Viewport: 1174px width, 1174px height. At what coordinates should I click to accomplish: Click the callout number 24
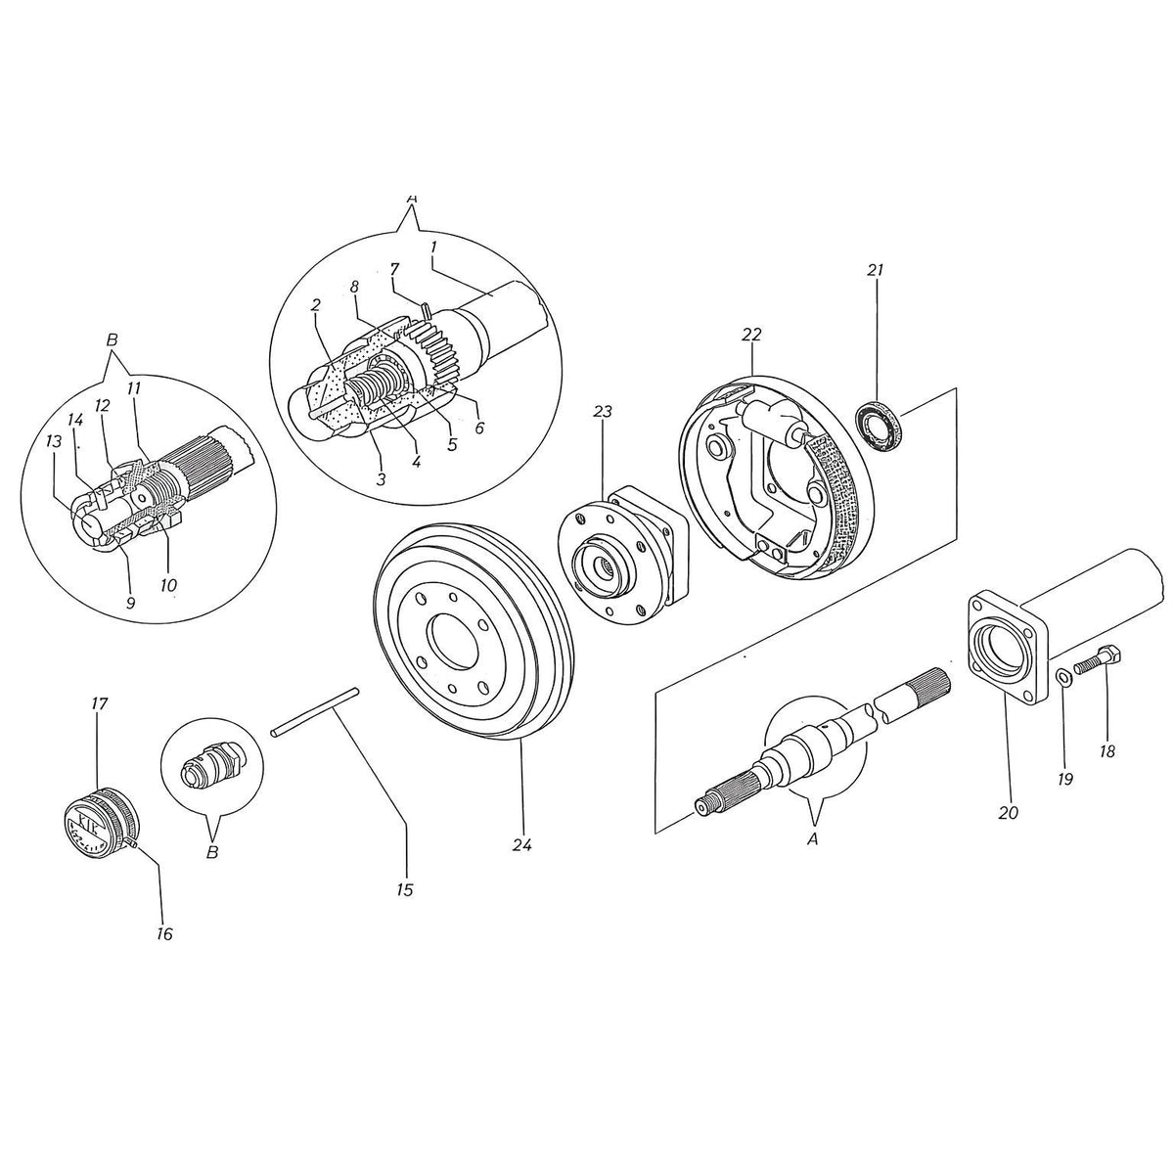coord(522,845)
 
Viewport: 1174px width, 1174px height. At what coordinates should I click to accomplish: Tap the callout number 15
coord(404,890)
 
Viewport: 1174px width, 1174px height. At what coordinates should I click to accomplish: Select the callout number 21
coord(875,270)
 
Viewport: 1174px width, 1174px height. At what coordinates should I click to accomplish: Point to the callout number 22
coord(751,335)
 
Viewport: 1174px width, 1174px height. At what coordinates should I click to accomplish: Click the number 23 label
coord(602,413)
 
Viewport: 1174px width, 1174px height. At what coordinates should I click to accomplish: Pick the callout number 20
coord(1009,812)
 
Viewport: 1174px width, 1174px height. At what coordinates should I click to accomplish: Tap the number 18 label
coord(1106,751)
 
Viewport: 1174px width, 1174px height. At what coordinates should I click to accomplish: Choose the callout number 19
coord(1065,779)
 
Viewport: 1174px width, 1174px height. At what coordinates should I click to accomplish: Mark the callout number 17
coord(99,704)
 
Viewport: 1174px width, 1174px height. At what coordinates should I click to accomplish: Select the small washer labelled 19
coord(1064,676)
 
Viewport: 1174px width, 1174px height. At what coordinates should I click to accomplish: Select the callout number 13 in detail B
coord(54,441)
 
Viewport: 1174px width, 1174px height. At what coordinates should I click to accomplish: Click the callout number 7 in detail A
coord(394,269)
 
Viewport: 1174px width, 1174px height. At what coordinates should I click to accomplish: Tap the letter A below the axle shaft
coord(812,839)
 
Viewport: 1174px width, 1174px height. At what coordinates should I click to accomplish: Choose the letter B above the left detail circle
coord(112,340)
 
